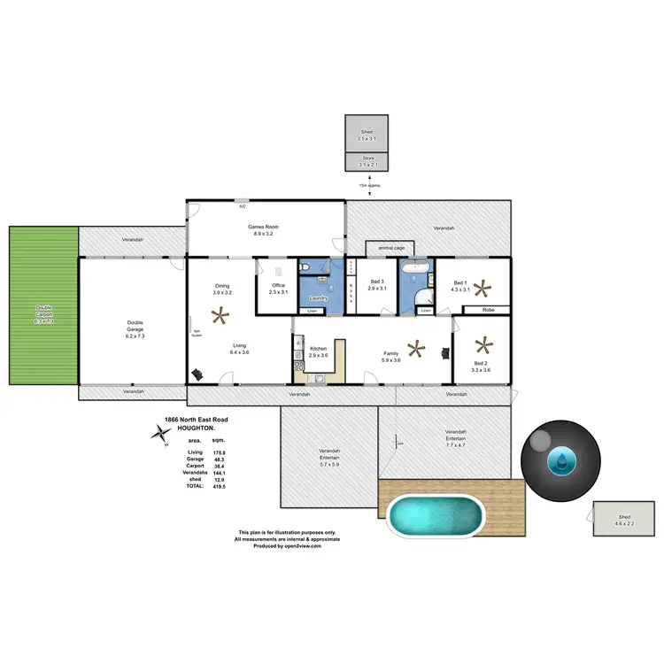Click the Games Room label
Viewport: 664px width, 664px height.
click(265, 227)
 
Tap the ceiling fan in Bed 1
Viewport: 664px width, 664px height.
click(482, 287)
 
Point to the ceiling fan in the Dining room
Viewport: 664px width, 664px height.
click(220, 313)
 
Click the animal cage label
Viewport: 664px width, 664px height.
click(390, 249)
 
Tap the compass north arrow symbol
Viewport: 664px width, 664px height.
click(161, 433)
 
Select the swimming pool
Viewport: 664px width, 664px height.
click(436, 514)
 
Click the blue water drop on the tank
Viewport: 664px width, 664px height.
click(562, 459)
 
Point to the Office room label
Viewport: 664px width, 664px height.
click(278, 286)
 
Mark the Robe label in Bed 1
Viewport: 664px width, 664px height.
click(488, 310)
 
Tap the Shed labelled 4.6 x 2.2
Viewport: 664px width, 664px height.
click(625, 520)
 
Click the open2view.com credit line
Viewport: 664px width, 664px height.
click(287, 546)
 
